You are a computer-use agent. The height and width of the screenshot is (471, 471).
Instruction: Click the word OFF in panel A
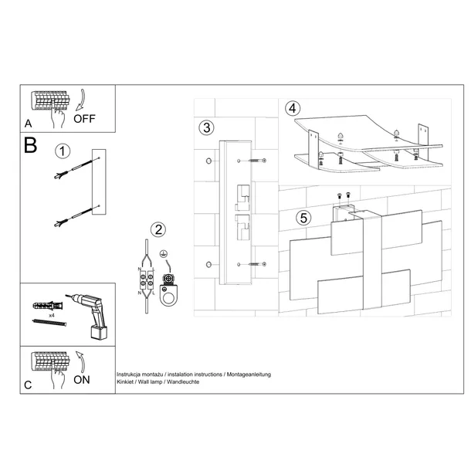pyautogui.click(x=84, y=119)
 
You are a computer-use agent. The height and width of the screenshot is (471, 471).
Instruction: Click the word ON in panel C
pyautogui.click(x=82, y=380)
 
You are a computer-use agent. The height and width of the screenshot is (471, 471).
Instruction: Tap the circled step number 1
pyautogui.click(x=63, y=151)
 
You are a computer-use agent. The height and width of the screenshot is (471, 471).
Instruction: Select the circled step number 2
pyautogui.click(x=158, y=230)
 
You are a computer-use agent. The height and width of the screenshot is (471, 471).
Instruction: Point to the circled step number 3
pyautogui.click(x=207, y=127)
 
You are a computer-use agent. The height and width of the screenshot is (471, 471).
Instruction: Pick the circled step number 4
pyautogui.click(x=293, y=108)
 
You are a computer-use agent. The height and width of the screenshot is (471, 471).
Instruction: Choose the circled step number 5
pyautogui.click(x=303, y=218)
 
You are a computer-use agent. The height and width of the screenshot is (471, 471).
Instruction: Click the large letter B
pyautogui.click(x=30, y=145)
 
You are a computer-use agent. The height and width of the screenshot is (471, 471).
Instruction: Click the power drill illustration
pyautogui.click(x=89, y=315)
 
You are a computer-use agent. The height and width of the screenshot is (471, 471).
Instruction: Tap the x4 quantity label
pyautogui.click(x=52, y=316)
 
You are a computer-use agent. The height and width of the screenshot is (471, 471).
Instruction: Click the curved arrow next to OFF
pyautogui.click(x=80, y=100)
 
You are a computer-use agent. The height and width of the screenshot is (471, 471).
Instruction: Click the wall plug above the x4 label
pyautogui.click(x=48, y=306)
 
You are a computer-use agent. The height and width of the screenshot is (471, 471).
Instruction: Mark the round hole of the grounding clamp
pyautogui.click(x=168, y=299)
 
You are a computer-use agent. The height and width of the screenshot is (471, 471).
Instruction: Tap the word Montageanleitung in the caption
pyautogui.click(x=249, y=374)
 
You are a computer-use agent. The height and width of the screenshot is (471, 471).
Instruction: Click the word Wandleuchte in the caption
pyautogui.click(x=183, y=381)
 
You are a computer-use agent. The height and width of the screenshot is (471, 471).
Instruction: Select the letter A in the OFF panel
pyautogui.click(x=29, y=124)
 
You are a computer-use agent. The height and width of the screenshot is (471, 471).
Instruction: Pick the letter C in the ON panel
pyautogui.click(x=28, y=385)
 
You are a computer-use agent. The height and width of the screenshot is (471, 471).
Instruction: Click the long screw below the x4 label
pyautogui.click(x=49, y=322)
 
